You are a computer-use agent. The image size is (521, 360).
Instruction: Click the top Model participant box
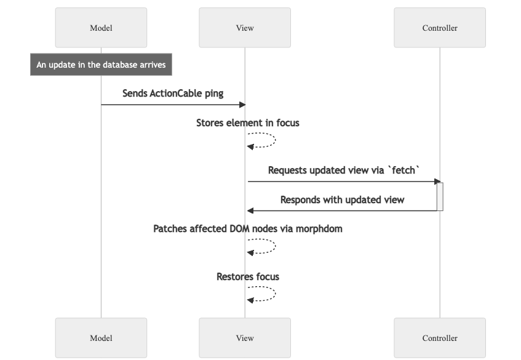(x=101, y=28)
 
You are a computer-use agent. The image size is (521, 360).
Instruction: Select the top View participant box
(x=245, y=28)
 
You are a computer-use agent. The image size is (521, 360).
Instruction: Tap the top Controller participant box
(x=440, y=28)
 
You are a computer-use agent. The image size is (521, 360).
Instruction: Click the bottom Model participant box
(x=101, y=338)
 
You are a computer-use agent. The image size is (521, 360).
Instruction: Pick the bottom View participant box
(x=245, y=338)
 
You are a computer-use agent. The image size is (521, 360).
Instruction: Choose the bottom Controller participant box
(x=440, y=338)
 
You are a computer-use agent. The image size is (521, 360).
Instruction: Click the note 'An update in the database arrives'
(x=101, y=65)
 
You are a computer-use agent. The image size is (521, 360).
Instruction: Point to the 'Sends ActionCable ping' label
(x=173, y=94)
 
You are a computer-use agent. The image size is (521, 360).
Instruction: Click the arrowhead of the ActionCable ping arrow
(x=243, y=105)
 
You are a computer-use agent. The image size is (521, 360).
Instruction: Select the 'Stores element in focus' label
(x=248, y=123)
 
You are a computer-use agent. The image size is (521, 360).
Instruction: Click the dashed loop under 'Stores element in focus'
(x=271, y=140)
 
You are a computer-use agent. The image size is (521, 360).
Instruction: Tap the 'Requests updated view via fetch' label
(x=344, y=170)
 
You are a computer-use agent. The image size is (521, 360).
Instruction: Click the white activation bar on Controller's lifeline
(x=440, y=196)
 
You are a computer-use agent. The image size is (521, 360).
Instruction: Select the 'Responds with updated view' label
(x=342, y=200)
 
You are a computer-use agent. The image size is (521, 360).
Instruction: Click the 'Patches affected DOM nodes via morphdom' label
(x=248, y=229)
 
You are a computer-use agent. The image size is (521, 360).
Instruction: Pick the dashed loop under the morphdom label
(x=271, y=246)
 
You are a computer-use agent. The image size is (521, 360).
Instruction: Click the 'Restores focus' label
(x=248, y=277)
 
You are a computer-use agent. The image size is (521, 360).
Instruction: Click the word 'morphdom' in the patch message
(x=319, y=229)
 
